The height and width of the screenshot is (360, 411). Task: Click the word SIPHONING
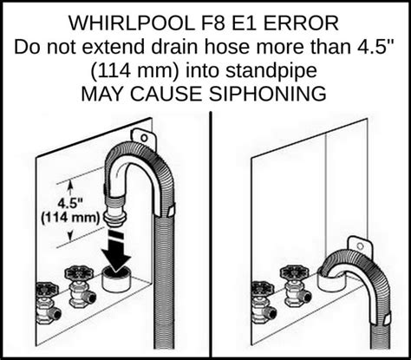[x=271, y=92]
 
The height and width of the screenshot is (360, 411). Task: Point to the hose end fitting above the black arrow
[x=114, y=215]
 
